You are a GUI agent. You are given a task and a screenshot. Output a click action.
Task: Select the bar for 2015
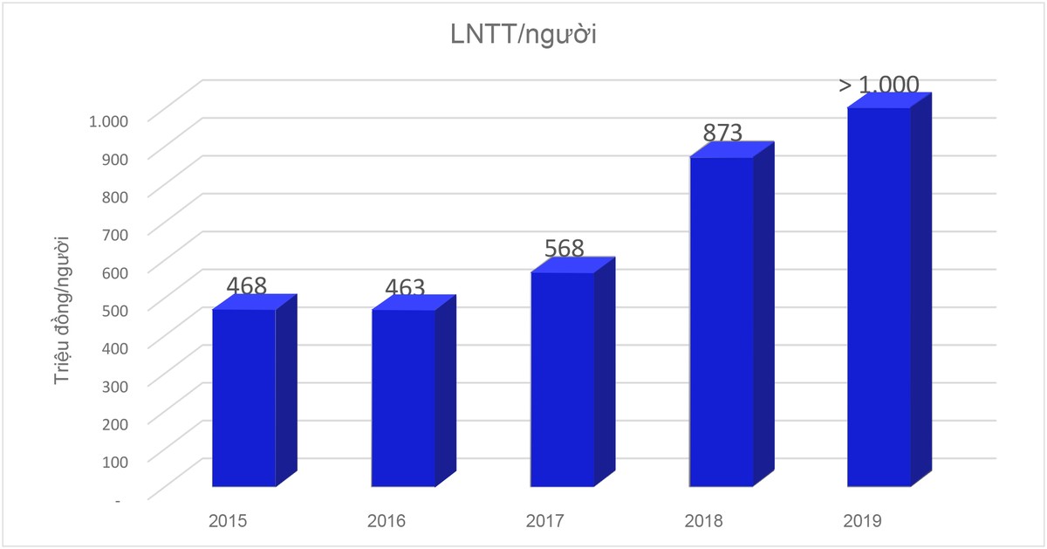click(x=245, y=397)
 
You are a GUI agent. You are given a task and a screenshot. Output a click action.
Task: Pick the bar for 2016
click(x=404, y=397)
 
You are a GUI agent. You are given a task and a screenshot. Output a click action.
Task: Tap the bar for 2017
click(x=563, y=380)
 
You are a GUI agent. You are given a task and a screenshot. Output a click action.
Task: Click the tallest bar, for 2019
click(x=879, y=297)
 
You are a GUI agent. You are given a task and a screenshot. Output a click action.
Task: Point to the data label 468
click(x=246, y=286)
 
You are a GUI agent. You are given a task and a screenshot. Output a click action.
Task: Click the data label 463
click(x=405, y=287)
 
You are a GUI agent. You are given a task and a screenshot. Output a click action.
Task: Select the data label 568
click(x=564, y=248)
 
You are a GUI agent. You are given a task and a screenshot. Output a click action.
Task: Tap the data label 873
click(x=722, y=133)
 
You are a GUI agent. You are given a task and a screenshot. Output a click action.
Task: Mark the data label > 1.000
click(x=879, y=85)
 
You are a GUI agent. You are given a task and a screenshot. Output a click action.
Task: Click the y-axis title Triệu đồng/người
click(x=63, y=311)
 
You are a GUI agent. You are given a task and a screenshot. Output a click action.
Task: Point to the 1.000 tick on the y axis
click(x=109, y=120)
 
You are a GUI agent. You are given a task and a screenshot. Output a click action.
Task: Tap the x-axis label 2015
click(x=228, y=521)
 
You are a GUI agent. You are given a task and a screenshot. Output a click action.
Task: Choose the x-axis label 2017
click(x=545, y=521)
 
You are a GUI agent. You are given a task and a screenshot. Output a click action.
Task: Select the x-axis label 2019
click(x=863, y=521)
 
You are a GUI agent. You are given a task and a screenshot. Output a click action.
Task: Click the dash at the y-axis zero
click(x=118, y=498)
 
